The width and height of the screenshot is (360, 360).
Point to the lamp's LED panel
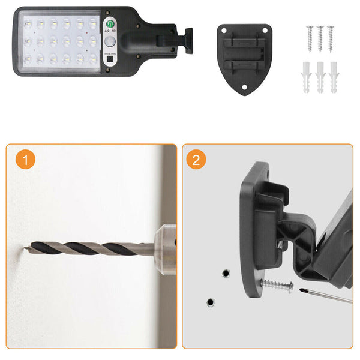pos(59,41)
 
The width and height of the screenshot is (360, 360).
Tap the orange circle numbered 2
pos(198,160)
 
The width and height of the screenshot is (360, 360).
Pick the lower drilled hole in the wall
pos(211,301)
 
